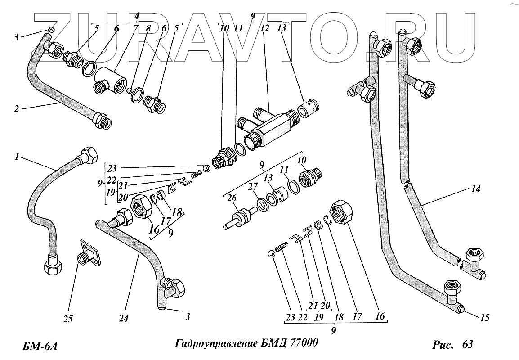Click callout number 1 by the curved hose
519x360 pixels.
click(17, 157)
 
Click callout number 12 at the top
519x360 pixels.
click(264, 29)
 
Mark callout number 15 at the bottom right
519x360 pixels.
click(484, 318)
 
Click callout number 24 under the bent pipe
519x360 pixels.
click(124, 318)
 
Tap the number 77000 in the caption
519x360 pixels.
click(303, 343)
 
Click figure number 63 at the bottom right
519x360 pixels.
click(467, 345)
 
